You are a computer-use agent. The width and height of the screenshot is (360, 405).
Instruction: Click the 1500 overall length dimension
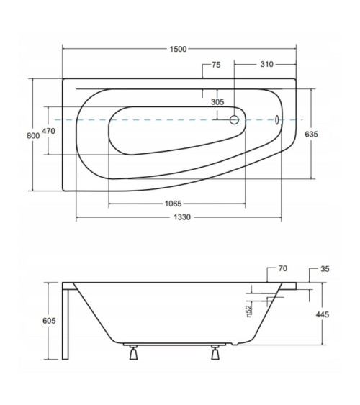pos(179,49)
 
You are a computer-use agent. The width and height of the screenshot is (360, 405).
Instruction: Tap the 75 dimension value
pos(215,65)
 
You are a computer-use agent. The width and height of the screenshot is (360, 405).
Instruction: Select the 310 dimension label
pos(267,65)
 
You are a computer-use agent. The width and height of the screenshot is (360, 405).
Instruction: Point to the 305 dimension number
pos(217,102)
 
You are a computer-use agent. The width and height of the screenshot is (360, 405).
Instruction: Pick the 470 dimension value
pos(49,131)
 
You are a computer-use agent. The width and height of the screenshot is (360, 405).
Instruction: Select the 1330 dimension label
pos(181,219)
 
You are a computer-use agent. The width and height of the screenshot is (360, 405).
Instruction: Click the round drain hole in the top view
pos(234,119)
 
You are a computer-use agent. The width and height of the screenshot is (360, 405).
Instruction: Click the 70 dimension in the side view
pos(283,268)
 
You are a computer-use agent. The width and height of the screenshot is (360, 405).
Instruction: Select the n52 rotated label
pos(247,310)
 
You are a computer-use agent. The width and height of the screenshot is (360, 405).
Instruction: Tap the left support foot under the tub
pos(133,353)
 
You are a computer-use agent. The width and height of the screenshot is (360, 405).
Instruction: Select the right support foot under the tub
pos(214,353)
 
